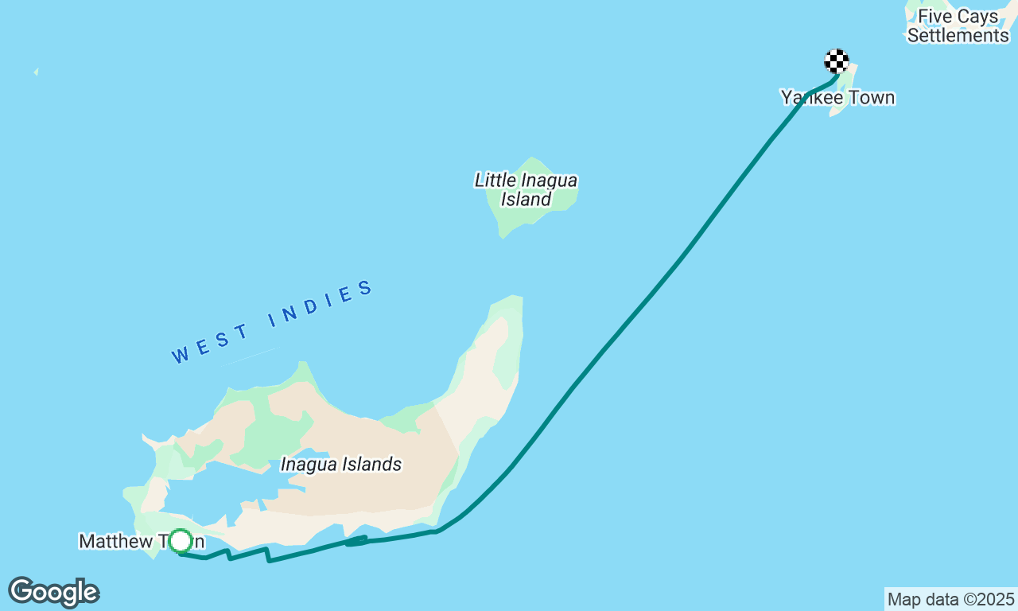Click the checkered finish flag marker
point(836,61)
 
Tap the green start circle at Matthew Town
point(181,541)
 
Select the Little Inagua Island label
point(526,189)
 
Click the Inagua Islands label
point(341,465)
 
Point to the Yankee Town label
point(837,98)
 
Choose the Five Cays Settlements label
point(958,26)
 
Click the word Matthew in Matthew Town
point(116,542)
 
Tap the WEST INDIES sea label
point(273,321)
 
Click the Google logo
point(53,593)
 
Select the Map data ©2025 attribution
point(950,599)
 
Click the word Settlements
point(958,36)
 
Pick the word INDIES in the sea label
point(321,304)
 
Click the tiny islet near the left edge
point(36,72)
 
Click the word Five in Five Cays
point(935,17)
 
